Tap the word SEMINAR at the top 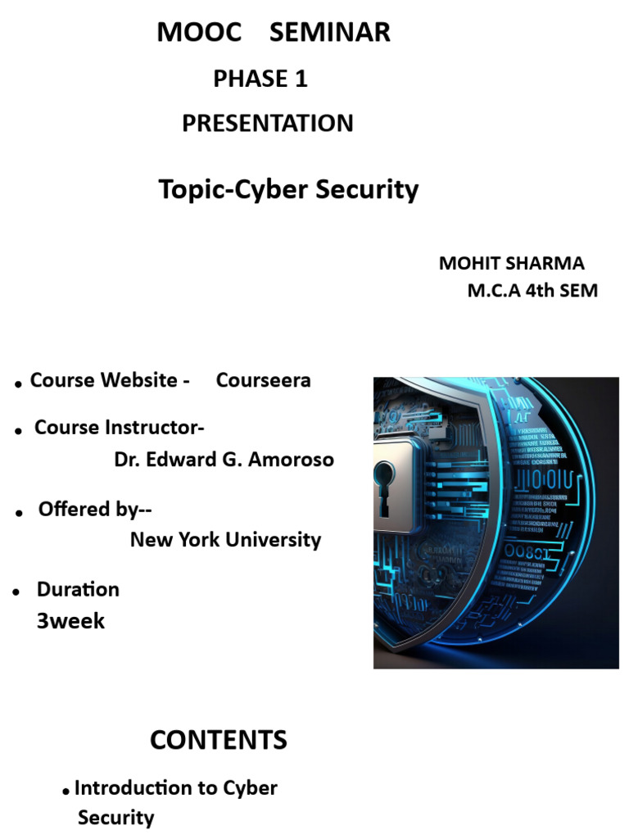tap(330, 33)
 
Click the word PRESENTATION tap(268, 124)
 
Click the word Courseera tap(263, 380)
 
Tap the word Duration tap(78, 589)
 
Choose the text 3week tap(70, 621)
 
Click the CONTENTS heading tap(219, 741)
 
